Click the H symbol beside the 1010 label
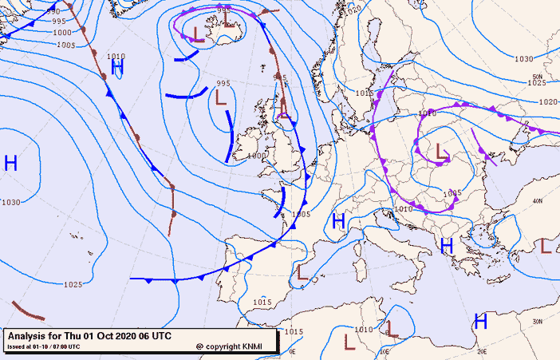click(118, 68)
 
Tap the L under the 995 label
click(221, 97)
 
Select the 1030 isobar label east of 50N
click(523, 59)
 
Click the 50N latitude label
click(537, 77)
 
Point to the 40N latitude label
click(538, 200)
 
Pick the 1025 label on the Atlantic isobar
click(73, 285)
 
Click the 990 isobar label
click(53, 12)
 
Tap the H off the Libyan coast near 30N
click(480, 322)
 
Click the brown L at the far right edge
click(546, 246)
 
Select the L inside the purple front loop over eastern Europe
click(441, 150)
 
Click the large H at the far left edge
click(10, 164)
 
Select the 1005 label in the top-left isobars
click(66, 45)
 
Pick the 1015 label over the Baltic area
click(365, 93)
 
